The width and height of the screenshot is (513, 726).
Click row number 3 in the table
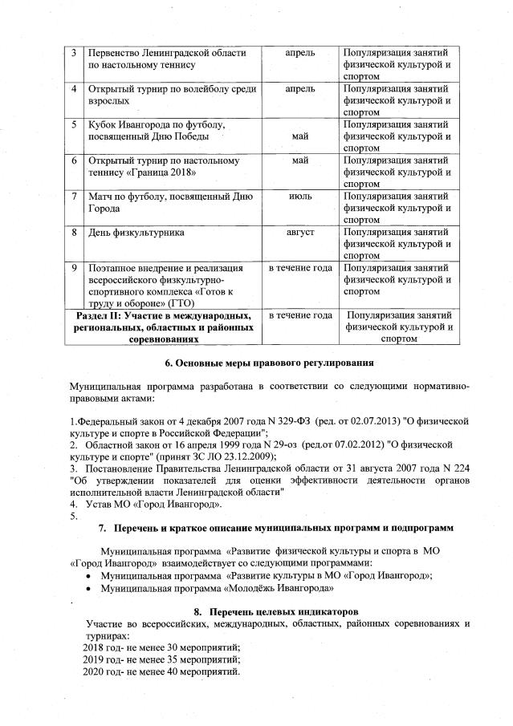click(74, 53)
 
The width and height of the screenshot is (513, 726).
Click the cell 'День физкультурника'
click(136, 233)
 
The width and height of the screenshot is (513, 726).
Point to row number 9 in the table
click(74, 268)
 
